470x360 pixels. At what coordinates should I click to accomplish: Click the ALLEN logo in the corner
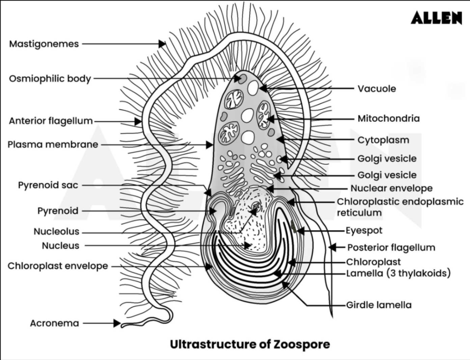pos(436,18)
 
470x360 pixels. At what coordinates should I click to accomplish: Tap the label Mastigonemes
pos(44,44)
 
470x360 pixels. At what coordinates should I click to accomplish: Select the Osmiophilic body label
pos(50,79)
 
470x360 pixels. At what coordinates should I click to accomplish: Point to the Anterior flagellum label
pos(51,121)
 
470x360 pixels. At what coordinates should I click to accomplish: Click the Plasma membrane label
pos(53,145)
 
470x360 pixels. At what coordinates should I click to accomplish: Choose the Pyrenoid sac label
pos(48,185)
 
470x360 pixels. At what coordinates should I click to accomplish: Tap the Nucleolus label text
pos(56,232)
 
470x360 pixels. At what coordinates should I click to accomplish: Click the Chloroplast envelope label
pos(58,266)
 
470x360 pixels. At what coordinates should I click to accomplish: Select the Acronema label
pos(54,323)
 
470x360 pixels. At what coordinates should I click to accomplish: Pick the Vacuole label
pos(377,89)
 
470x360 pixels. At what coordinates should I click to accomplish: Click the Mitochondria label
pos(388,118)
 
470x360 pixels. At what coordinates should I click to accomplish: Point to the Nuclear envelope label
pos(391,188)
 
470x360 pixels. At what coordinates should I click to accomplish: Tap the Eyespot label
pos(364,231)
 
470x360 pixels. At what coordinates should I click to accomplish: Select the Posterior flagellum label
pos(391,247)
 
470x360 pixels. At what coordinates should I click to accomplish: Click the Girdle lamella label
pos(379,305)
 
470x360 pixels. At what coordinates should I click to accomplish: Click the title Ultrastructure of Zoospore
pos(250,344)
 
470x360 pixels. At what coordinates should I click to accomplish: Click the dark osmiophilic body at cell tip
pos(242,79)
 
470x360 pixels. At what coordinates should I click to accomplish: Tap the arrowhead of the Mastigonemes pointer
pos(162,44)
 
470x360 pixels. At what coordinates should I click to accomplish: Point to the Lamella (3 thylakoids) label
pos(398,273)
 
